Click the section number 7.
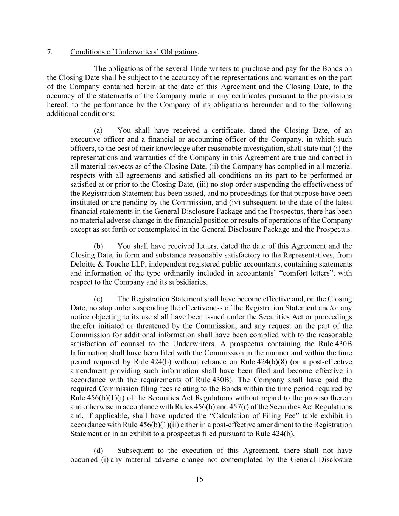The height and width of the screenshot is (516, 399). pyautogui.click(x=50, y=52)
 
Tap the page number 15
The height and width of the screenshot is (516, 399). pyautogui.click(x=199, y=480)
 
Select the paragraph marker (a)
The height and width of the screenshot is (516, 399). pyautogui.click(x=98, y=131)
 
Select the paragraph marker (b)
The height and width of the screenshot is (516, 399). pyautogui.click(x=98, y=246)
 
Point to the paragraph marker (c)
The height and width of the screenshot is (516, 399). pyautogui.click(x=98, y=299)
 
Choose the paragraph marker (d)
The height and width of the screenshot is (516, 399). pyautogui.click(x=98, y=451)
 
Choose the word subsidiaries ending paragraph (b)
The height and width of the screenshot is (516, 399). pyautogui.click(x=188, y=282)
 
